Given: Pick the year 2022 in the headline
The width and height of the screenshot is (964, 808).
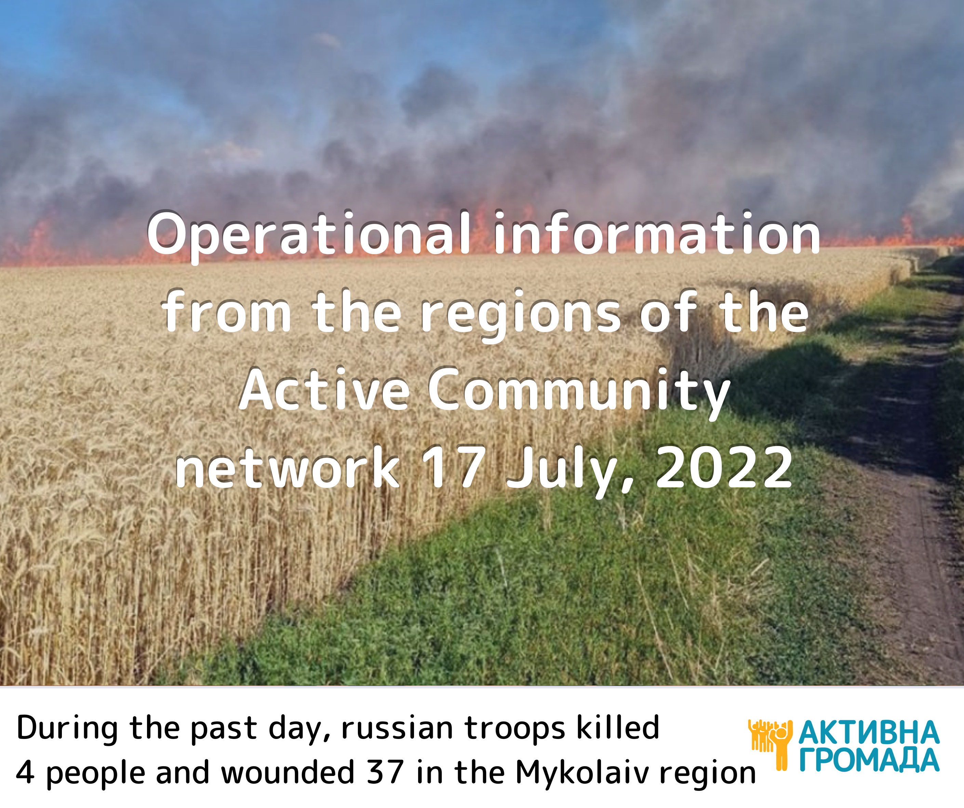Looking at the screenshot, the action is click(724, 467).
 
